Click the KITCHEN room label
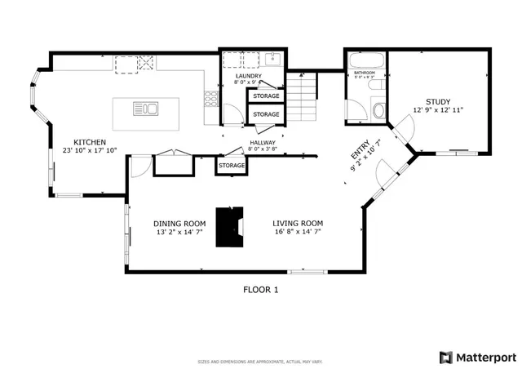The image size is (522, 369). (90, 141)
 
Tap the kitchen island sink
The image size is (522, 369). (148, 107)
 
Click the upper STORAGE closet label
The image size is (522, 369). (265, 96)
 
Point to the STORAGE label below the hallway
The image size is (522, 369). (231, 166)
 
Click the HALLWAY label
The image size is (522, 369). (263, 142)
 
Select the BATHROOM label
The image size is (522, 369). (364, 73)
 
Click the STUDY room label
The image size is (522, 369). (438, 102)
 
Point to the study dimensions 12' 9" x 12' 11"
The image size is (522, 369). (438, 110)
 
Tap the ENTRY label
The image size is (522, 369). (360, 153)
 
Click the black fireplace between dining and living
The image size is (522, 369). (228, 226)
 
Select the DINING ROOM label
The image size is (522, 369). (179, 223)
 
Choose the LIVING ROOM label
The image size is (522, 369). (298, 223)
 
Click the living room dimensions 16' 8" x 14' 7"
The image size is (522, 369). (298, 232)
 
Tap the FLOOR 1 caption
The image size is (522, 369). (261, 289)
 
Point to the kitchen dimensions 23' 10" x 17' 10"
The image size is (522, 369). (90, 150)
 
